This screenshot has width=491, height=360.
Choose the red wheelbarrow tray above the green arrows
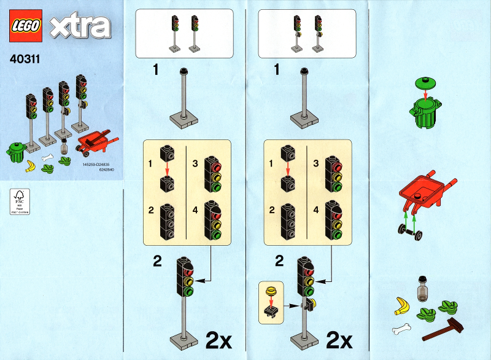point(425,192)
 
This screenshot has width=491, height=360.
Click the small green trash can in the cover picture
point(17,151)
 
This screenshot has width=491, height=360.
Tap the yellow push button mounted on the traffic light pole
point(312,302)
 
